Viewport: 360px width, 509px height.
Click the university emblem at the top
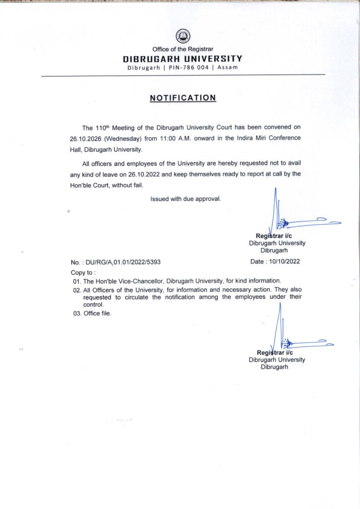click(x=183, y=36)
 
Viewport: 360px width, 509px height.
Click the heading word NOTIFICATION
click(x=183, y=98)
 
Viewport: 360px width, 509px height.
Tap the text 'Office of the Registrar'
click(x=183, y=50)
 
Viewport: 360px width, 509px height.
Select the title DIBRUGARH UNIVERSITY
click(x=183, y=59)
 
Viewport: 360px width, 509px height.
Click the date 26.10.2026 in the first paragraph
click(x=86, y=138)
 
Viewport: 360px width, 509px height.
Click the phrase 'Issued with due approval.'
click(x=185, y=199)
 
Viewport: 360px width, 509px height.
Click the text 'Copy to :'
click(x=84, y=272)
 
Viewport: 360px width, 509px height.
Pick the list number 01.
click(x=77, y=281)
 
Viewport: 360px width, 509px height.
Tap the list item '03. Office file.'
click(x=92, y=314)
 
